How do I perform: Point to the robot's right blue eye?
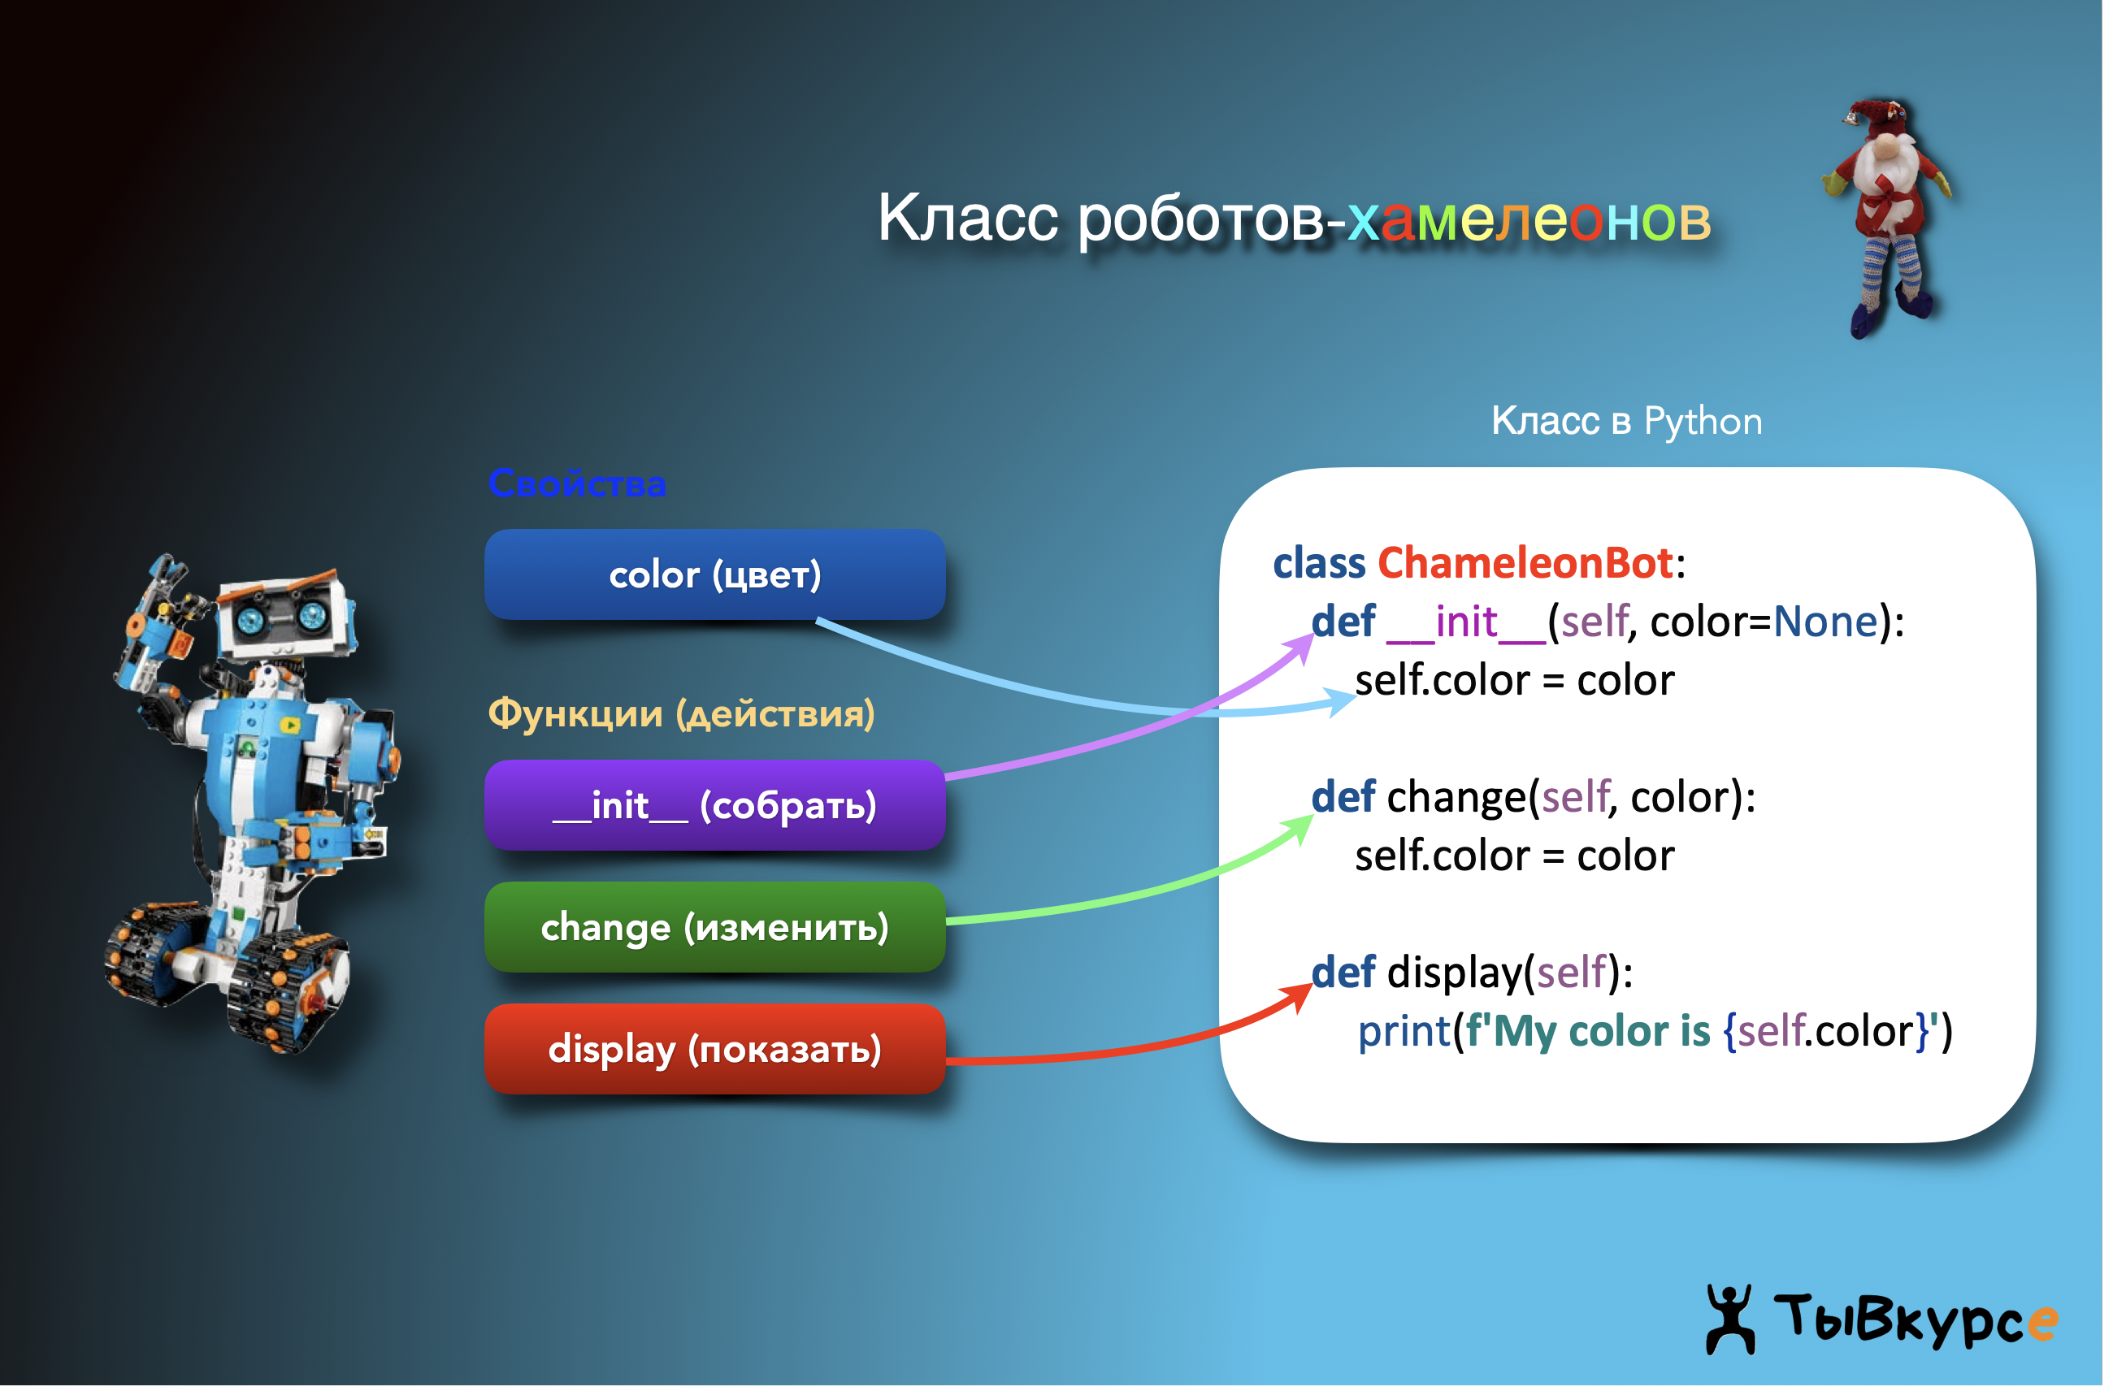coord(315,615)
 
